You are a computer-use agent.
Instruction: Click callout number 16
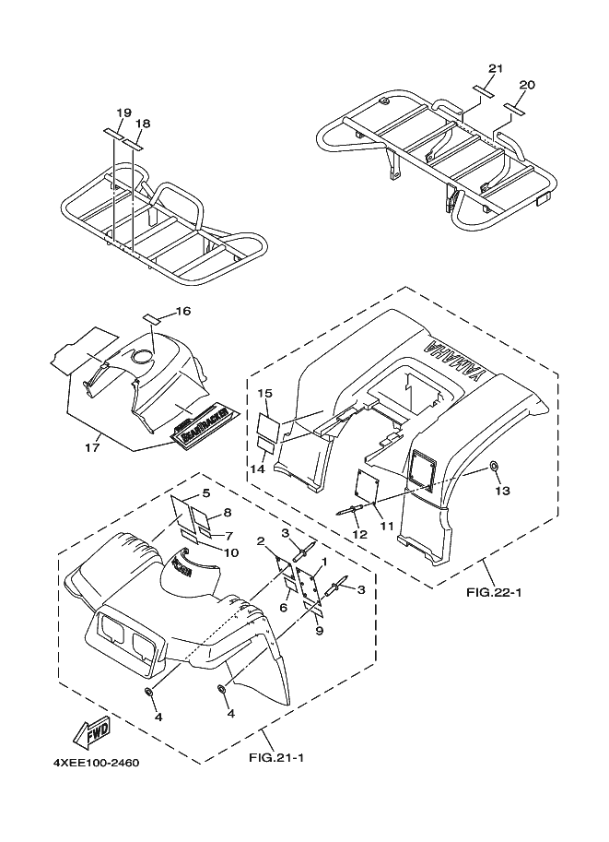[182, 312]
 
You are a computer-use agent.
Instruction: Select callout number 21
[496, 69]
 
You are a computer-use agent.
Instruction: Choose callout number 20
[526, 85]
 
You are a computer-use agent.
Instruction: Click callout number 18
[143, 123]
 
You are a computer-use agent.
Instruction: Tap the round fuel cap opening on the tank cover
[144, 357]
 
